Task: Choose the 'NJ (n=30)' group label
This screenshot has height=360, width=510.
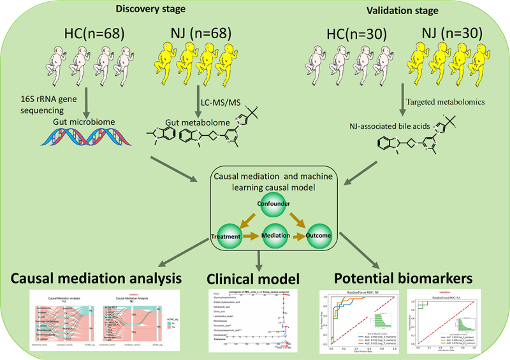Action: [447, 33]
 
